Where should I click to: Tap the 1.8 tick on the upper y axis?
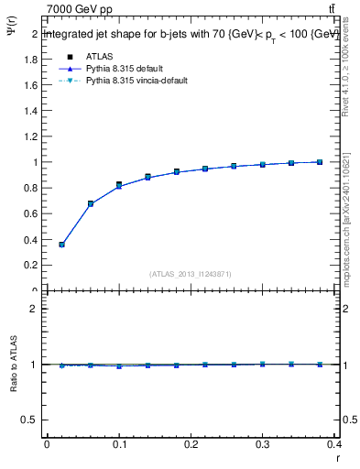point(34,60)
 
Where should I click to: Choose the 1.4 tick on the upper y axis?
point(34,111)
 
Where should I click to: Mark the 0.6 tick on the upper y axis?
point(34,213)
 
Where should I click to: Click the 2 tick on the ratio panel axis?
point(36,309)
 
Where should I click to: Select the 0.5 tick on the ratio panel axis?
point(34,420)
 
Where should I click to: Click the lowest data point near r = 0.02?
point(61,245)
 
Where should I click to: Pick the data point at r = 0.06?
point(90,204)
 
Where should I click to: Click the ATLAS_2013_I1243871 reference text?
point(191,274)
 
